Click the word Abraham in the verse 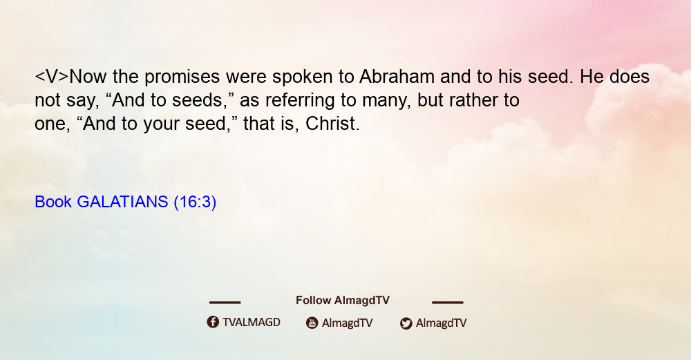pyautogui.click(x=397, y=77)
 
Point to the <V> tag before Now pyautogui.click(x=52, y=77)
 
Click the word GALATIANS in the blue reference pyautogui.click(x=122, y=202)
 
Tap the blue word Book pyautogui.click(x=53, y=202)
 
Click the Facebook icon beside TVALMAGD pyautogui.click(x=213, y=322)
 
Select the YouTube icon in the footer pyautogui.click(x=312, y=323)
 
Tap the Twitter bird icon pyautogui.click(x=406, y=323)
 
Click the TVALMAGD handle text pyautogui.click(x=252, y=323)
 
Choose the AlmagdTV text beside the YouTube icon pyautogui.click(x=348, y=323)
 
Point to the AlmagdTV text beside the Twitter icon pyautogui.click(x=441, y=323)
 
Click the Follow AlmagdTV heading pyautogui.click(x=343, y=301)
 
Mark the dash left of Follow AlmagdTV pyautogui.click(x=225, y=302)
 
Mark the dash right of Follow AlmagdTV pyautogui.click(x=447, y=302)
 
